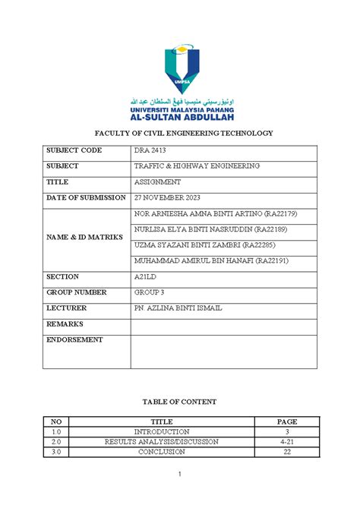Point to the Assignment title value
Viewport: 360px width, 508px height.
click(x=157, y=182)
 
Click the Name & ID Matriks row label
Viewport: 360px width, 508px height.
click(x=84, y=238)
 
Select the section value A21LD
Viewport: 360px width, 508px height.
click(x=144, y=277)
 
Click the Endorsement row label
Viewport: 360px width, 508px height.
click(x=75, y=340)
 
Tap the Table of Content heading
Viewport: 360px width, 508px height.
click(x=180, y=402)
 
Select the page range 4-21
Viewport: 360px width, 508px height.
click(x=286, y=441)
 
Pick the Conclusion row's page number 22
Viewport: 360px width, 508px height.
click(x=286, y=452)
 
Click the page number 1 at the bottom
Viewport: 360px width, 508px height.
click(x=180, y=475)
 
